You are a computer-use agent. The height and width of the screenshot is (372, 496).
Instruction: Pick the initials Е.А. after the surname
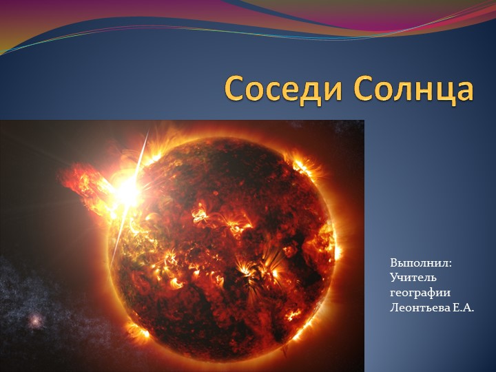coord(464,307)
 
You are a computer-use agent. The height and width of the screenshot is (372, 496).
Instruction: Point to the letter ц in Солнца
coord(444,92)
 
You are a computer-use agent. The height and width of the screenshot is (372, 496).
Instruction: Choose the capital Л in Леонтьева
coord(394,307)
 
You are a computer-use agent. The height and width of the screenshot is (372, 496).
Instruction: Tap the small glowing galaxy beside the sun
coord(34,320)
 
